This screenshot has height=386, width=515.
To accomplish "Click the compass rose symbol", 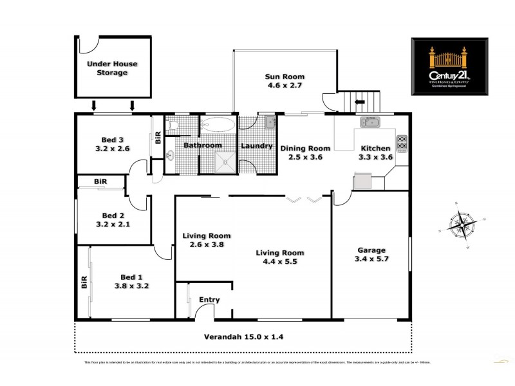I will click(x=460, y=225).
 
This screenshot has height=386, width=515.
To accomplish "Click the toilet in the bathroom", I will click(x=171, y=127).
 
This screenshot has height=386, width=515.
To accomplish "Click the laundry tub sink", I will click(x=269, y=122).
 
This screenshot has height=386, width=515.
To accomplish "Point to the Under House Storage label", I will click(x=112, y=68).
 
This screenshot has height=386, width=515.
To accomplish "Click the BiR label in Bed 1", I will click(x=84, y=283).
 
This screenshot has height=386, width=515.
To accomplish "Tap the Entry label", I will click(x=209, y=300).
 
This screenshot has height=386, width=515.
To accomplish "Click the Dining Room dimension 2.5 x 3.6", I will click(x=301, y=156).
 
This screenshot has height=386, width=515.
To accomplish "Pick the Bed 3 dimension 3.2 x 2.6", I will click(x=113, y=148).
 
